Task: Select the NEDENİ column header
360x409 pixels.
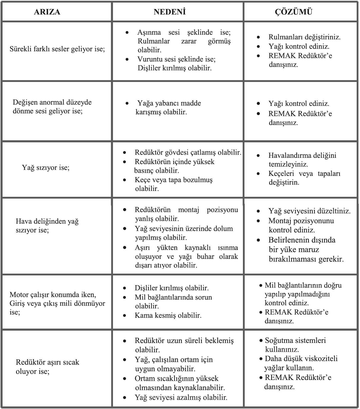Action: click(x=170, y=12)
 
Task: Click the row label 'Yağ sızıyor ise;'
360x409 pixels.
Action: click(x=46, y=168)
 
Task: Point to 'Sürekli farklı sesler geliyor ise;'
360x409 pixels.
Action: click(x=57, y=49)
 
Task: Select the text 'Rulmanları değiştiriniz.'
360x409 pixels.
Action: click(x=305, y=37)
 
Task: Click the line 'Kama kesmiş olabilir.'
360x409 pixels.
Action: click(x=168, y=315)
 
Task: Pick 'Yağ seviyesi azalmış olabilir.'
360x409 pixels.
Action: click(x=181, y=397)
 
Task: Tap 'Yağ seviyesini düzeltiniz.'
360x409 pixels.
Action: click(x=309, y=211)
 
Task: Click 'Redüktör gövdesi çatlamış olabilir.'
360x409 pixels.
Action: click(x=188, y=152)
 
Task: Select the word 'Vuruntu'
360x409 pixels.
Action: click(x=150, y=59)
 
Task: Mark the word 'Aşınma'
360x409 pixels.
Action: click(x=149, y=32)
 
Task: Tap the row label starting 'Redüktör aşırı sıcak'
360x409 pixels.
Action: click(x=48, y=362)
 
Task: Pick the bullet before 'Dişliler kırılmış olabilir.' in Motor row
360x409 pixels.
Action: click(x=125, y=288)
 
